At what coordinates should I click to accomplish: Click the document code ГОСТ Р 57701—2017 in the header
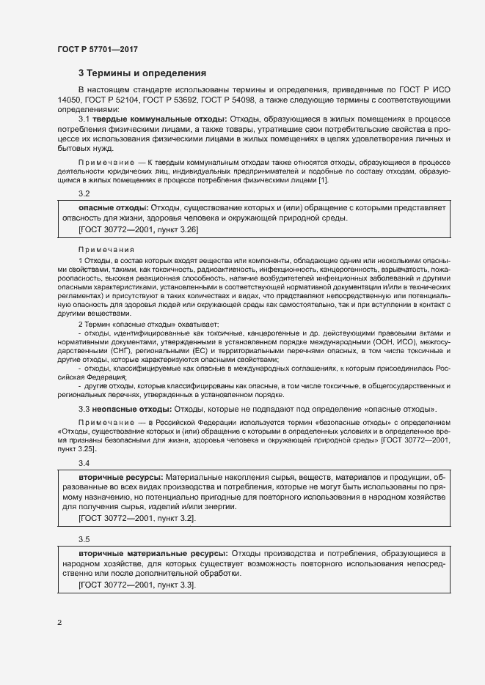(x=98, y=49)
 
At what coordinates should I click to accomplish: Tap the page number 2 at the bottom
(x=59, y=623)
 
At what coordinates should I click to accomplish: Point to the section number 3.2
(x=84, y=193)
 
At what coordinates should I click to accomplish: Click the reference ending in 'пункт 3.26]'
(x=137, y=229)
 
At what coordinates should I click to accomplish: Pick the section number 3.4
(x=84, y=463)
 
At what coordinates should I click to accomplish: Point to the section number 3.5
(x=84, y=538)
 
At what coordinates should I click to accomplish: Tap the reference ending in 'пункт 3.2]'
(x=136, y=518)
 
